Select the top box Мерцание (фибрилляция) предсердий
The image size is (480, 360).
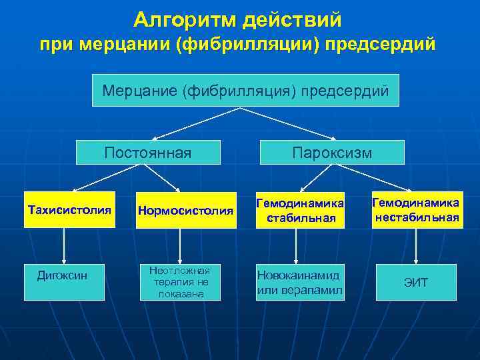pyautogui.click(x=245, y=90)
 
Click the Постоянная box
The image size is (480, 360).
pyautogui.click(x=147, y=153)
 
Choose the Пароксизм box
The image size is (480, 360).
pyautogui.click(x=332, y=153)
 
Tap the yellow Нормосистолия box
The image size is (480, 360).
pyautogui.click(x=185, y=211)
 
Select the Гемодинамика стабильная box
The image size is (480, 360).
pyautogui.click(x=300, y=210)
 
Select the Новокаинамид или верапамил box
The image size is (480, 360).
pyautogui.click(x=300, y=282)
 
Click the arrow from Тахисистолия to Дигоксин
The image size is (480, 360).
pyautogui.click(x=65, y=245)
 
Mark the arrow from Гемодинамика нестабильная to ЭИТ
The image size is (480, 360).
pyautogui.click(x=416, y=245)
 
